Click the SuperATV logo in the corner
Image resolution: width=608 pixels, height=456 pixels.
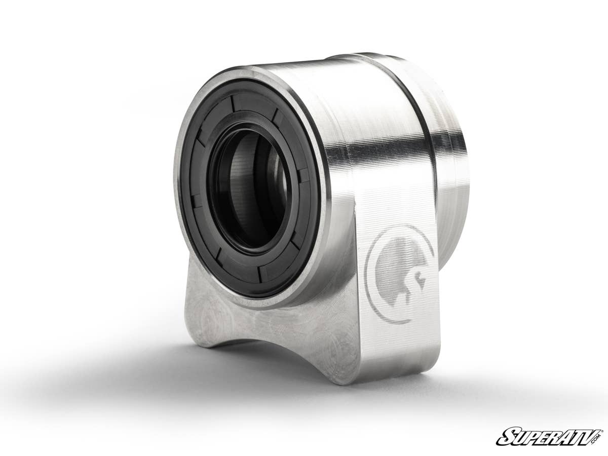click(x=549, y=436)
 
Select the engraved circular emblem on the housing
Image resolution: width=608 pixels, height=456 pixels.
click(x=399, y=274)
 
